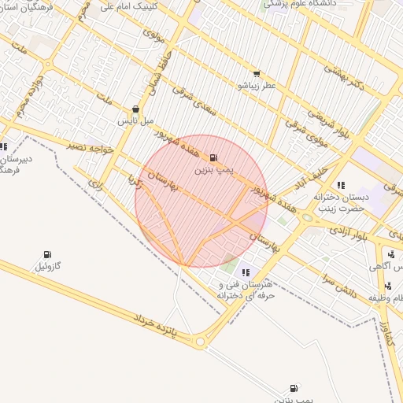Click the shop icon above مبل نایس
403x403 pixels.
136,110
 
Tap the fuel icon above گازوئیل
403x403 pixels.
47,255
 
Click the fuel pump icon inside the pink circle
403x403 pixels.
213,158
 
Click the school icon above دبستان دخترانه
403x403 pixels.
340,185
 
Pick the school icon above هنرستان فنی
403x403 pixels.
246,272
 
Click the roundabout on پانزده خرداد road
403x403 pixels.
200,341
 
